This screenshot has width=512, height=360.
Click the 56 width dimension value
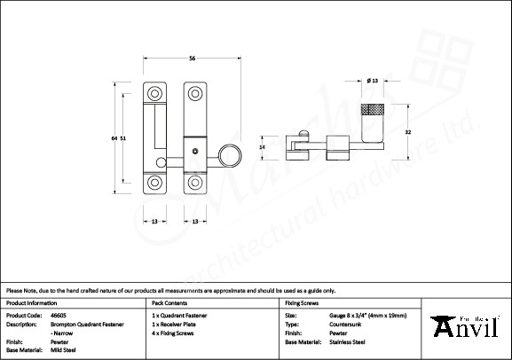[192, 59]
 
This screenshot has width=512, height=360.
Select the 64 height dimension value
[114, 138]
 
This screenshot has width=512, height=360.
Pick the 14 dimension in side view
[262, 146]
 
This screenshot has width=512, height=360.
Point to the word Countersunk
[344, 324]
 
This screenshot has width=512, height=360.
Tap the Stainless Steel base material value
[347, 340]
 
